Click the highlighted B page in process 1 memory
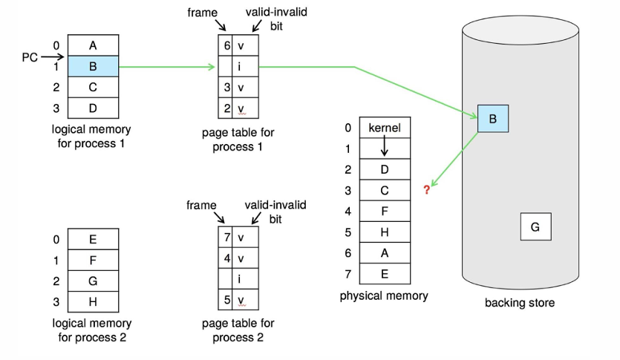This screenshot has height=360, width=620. (x=93, y=66)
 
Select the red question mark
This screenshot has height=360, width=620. (x=427, y=190)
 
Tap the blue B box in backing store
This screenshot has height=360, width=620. (x=493, y=118)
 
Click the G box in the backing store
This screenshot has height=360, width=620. (x=535, y=226)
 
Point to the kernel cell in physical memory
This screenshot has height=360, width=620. (x=384, y=128)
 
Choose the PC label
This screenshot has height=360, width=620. (x=30, y=56)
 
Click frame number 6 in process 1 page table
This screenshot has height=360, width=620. (x=226, y=45)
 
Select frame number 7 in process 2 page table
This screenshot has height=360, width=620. (x=226, y=238)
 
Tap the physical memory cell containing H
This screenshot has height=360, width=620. (x=384, y=232)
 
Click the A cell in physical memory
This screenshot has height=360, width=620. (x=384, y=252)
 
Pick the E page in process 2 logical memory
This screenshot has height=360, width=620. (x=93, y=239)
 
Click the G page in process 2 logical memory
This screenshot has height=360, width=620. (x=93, y=281)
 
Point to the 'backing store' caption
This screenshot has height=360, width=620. (x=520, y=303)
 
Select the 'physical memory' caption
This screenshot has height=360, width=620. (x=384, y=295)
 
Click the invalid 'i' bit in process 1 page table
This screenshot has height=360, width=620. (x=239, y=66)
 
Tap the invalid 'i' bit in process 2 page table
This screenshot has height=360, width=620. (x=239, y=280)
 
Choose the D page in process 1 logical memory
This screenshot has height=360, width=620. (x=93, y=108)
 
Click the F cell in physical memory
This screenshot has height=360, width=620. (x=384, y=211)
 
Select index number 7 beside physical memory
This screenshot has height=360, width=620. (x=347, y=273)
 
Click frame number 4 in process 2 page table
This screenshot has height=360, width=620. (x=226, y=259)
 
